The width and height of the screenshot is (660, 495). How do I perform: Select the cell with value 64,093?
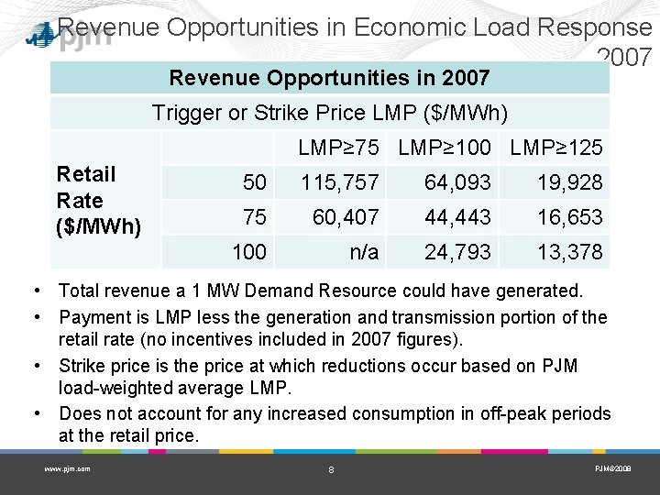click(457, 183)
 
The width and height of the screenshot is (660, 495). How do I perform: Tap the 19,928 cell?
click(570, 183)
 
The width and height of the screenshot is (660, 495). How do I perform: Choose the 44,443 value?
click(457, 217)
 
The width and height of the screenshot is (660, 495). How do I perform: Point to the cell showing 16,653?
click(570, 217)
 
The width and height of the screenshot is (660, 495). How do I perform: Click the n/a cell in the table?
click(364, 252)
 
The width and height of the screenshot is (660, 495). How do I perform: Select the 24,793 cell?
click(457, 252)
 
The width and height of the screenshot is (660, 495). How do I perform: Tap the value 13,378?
click(570, 252)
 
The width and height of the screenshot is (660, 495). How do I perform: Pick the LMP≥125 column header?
click(556, 148)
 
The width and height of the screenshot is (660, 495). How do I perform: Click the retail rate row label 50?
click(254, 183)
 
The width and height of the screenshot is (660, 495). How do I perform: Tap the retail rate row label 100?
click(248, 252)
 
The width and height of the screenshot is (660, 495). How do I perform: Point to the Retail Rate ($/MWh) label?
click(98, 200)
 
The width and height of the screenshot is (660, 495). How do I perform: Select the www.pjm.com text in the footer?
click(67, 468)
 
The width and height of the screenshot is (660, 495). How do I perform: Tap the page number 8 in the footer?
click(331, 469)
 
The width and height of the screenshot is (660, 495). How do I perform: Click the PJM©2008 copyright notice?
click(612, 468)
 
